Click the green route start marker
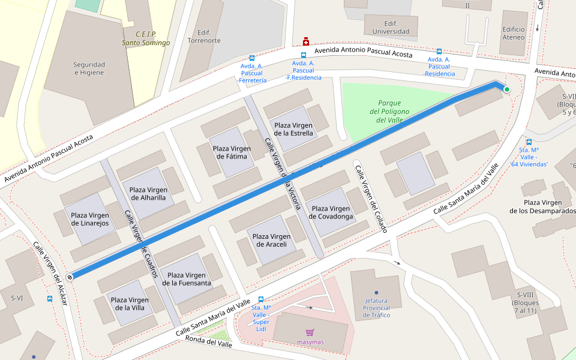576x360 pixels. [507, 90]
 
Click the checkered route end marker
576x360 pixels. [71, 277]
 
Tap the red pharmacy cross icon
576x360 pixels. [305, 41]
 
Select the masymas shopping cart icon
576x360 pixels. [310, 332]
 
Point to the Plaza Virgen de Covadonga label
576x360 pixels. [331, 212]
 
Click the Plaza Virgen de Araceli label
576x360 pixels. [269, 241]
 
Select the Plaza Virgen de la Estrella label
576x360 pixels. [293, 129]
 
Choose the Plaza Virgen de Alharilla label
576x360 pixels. [148, 194]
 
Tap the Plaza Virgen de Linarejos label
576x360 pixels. [89, 219]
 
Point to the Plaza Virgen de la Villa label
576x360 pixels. [130, 304]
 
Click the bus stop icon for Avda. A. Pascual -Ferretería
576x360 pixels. [252, 58]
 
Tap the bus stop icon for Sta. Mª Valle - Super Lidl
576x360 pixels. [261, 299]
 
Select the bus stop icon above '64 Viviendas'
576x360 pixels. [529, 142]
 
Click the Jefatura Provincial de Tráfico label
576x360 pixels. [376, 308]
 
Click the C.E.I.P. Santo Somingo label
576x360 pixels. [146, 38]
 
